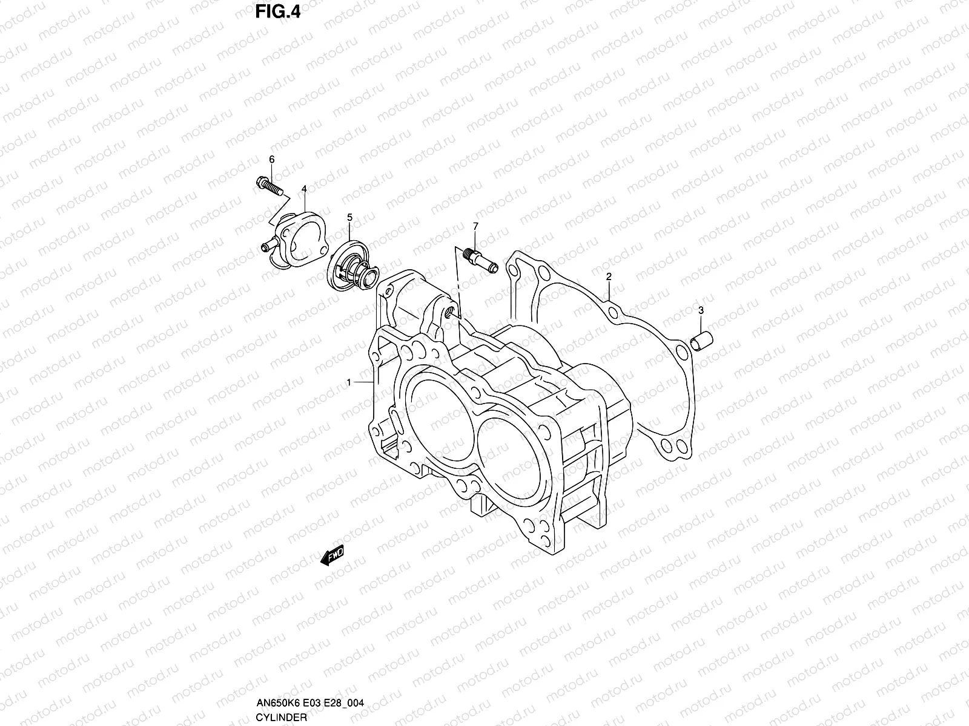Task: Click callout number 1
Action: tap(349, 382)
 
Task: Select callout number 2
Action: tap(609, 276)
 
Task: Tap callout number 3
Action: tap(701, 310)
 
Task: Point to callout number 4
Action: tap(304, 189)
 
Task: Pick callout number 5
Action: tap(349, 217)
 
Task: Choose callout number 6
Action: tap(271, 159)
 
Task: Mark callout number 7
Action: tap(475, 226)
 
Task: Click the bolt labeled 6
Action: tap(270, 186)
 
